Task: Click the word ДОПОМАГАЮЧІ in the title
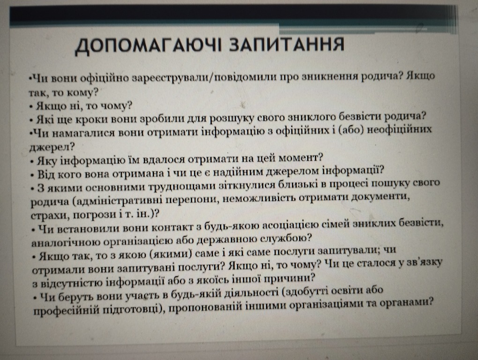click(x=149, y=46)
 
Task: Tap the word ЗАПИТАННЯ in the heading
click(x=286, y=44)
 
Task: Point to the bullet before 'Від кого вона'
click(x=32, y=176)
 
